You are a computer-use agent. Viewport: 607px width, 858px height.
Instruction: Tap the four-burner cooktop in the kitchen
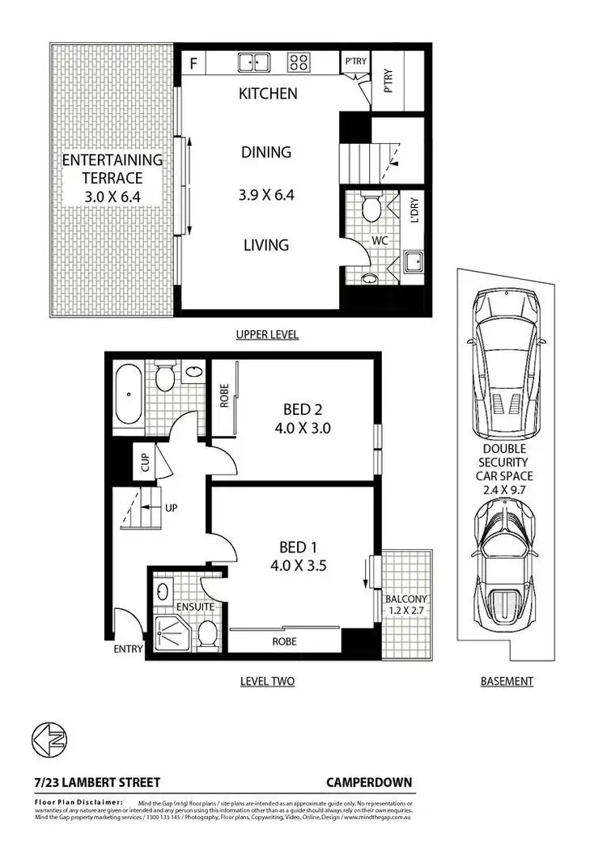click(299, 61)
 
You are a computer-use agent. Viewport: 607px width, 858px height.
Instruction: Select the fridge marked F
click(193, 61)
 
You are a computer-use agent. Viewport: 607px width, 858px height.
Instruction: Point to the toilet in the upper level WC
click(371, 208)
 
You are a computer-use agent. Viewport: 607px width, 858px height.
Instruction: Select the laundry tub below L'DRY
click(413, 262)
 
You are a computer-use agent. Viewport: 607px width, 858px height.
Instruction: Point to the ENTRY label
click(128, 649)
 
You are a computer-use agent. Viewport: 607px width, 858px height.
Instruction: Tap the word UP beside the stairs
click(171, 508)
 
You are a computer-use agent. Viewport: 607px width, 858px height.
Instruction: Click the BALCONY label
click(405, 598)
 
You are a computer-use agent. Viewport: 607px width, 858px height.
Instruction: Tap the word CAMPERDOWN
click(369, 782)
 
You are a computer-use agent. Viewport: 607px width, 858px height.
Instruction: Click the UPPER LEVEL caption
click(267, 334)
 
